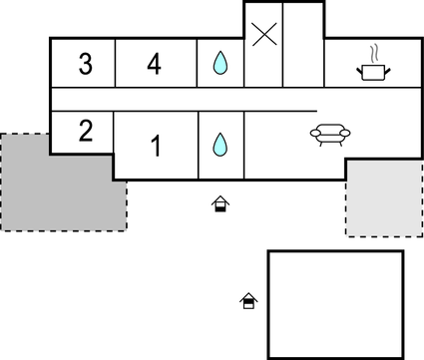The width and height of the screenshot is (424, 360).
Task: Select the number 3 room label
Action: (85, 65)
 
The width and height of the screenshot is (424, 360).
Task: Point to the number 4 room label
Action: (154, 65)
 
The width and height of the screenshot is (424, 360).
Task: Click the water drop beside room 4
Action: (219, 65)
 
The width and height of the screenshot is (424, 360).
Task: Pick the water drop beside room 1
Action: (219, 145)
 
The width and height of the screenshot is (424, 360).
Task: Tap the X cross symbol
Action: (263, 36)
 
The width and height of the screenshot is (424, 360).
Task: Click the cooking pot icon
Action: (372, 69)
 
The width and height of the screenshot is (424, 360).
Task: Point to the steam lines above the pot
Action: (373, 52)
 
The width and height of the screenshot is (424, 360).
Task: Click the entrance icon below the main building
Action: (220, 204)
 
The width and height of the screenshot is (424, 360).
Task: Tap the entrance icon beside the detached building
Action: (247, 299)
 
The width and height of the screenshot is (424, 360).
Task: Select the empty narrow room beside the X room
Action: (302, 45)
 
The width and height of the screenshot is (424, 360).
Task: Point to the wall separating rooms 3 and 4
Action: (115, 64)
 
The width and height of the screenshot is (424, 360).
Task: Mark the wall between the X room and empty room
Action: (283, 45)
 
